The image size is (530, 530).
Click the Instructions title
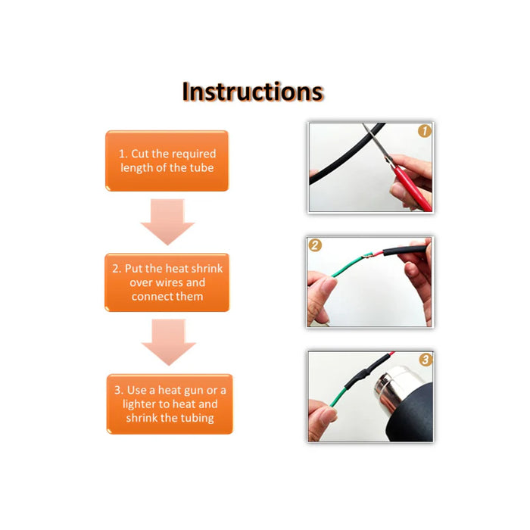click(x=252, y=92)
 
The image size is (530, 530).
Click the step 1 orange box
click(x=167, y=161)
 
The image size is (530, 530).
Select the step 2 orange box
click(x=167, y=282)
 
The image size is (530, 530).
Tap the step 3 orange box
click(x=169, y=404)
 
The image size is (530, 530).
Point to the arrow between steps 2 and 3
click(x=168, y=342)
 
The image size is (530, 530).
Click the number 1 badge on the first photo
click(x=424, y=131)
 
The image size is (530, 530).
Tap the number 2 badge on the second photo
click(x=315, y=245)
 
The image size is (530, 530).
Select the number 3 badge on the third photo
click(x=425, y=360)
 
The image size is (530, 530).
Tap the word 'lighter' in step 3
click(x=143, y=404)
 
